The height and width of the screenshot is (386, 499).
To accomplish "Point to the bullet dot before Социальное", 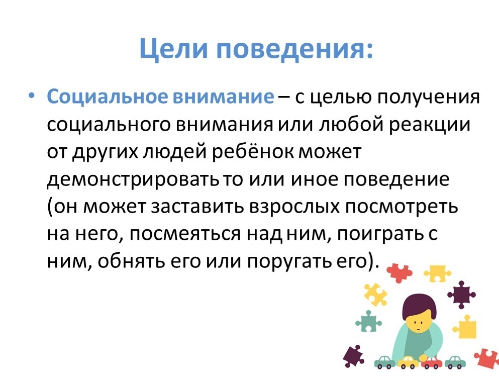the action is click(31, 95).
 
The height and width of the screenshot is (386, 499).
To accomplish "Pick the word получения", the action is click(428, 97).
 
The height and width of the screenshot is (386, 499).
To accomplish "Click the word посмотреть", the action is click(402, 207).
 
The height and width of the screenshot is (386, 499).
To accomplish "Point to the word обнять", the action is click(131, 262).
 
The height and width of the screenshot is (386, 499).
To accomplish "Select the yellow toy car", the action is click(408, 362).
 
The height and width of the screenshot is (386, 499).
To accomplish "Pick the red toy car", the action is click(432, 362).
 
